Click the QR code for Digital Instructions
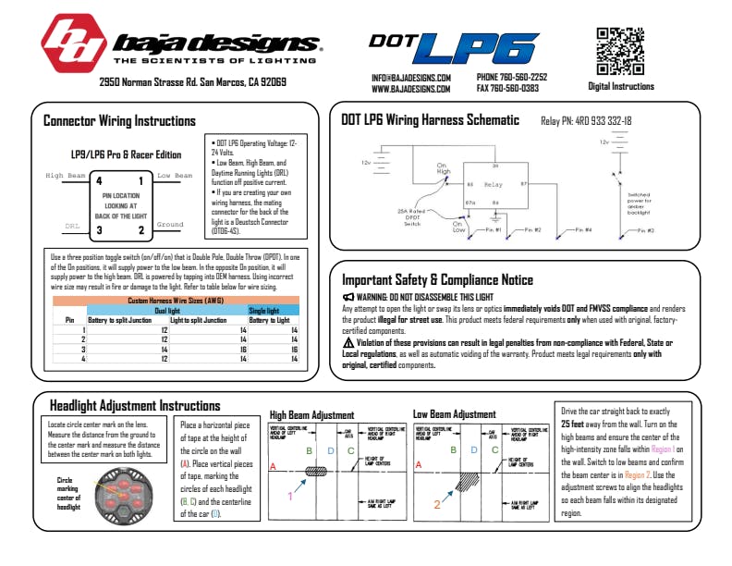(x=620, y=51)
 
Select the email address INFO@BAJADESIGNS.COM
(x=411, y=78)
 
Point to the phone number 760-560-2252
(x=523, y=77)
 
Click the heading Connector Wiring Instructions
(x=119, y=121)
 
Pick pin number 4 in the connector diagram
(x=99, y=181)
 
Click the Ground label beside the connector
(x=170, y=225)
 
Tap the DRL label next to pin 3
(x=72, y=225)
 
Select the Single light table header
(x=263, y=311)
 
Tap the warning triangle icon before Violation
(x=348, y=343)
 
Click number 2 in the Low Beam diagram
(x=436, y=504)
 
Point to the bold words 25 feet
(x=579, y=423)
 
